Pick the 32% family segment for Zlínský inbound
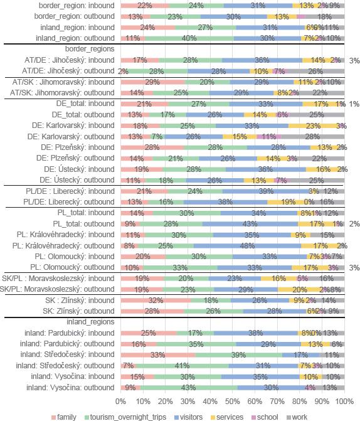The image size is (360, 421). (156, 300)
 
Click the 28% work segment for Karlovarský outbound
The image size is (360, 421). (312, 136)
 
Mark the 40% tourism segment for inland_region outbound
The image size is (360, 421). (189, 38)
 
